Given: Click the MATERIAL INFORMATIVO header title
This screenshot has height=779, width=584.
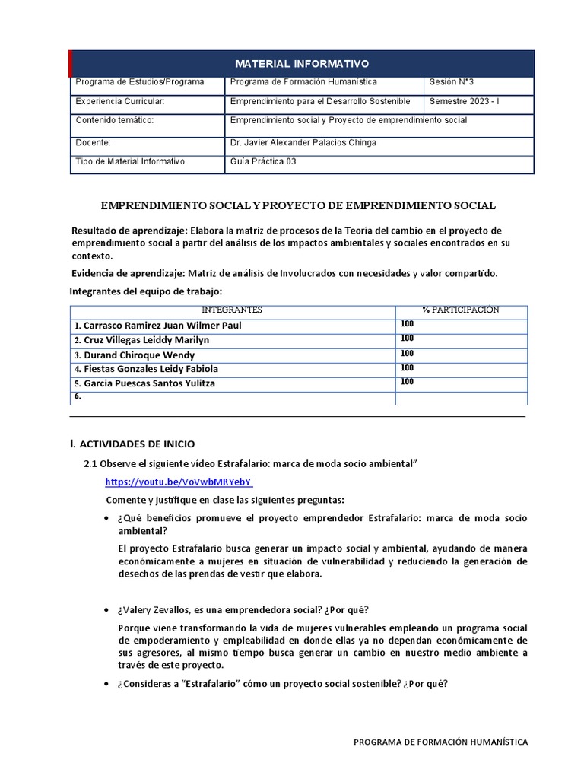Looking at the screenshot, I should [301, 63].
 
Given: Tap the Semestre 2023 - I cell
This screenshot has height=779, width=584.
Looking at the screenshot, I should [465, 101].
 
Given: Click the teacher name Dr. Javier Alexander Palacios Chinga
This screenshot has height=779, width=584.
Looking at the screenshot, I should [303, 142].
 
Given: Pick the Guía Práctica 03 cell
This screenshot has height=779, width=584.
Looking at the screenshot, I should [262, 161].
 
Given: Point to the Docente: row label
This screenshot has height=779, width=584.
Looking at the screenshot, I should [94, 142].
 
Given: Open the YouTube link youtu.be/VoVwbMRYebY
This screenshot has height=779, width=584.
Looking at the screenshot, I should [179, 482].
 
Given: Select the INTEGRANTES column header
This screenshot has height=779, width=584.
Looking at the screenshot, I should [232, 310].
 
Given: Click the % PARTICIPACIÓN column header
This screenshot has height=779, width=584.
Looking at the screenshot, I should [461, 310].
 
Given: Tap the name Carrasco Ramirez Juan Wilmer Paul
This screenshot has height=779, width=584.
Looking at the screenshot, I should [157, 326].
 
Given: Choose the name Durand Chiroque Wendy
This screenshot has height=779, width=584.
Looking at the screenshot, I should [135, 355].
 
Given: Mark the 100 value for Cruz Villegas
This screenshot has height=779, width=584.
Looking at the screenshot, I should [407, 339].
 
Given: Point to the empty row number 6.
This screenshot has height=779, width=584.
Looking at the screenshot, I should [78, 397].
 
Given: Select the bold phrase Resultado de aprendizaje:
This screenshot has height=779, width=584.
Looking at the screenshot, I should [129, 231].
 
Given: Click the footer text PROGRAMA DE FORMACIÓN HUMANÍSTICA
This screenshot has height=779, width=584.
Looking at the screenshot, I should [440, 742].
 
